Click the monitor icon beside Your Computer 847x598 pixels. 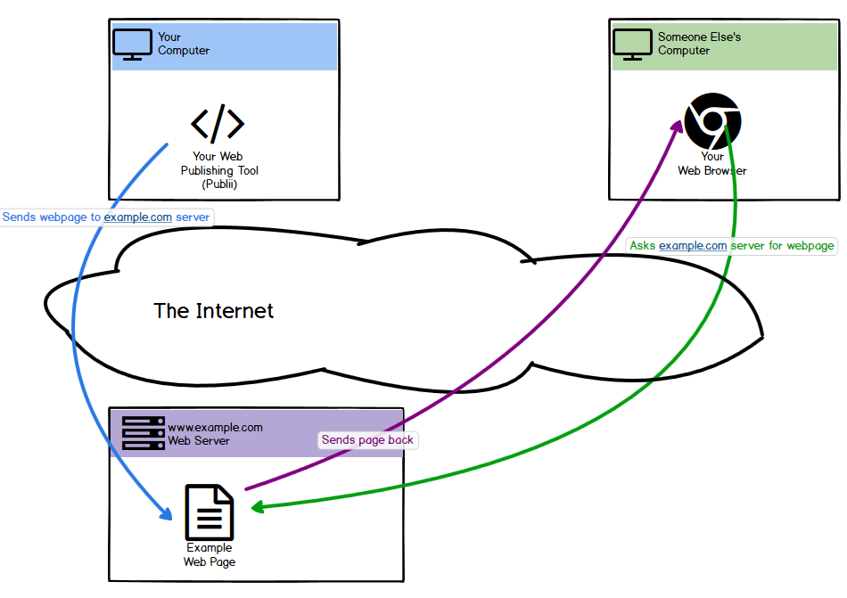click(x=133, y=44)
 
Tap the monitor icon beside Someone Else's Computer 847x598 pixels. click(x=633, y=44)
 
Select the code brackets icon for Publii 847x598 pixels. click(x=217, y=125)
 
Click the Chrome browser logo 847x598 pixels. click(x=712, y=120)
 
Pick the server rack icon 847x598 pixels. click(x=144, y=432)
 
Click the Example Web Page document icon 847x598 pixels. click(x=209, y=512)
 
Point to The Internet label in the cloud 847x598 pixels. click(x=213, y=311)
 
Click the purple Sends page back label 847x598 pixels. click(x=367, y=440)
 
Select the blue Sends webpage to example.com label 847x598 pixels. click(x=106, y=217)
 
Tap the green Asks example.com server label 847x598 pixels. click(x=732, y=246)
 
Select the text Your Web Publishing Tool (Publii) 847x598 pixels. click(x=218, y=170)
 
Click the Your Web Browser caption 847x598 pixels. click(x=711, y=164)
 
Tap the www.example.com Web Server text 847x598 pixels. click(x=215, y=434)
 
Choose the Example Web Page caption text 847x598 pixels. click(x=209, y=555)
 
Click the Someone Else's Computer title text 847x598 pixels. click(x=699, y=44)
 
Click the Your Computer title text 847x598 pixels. click(x=183, y=44)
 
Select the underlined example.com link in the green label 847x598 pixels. click(x=693, y=246)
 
